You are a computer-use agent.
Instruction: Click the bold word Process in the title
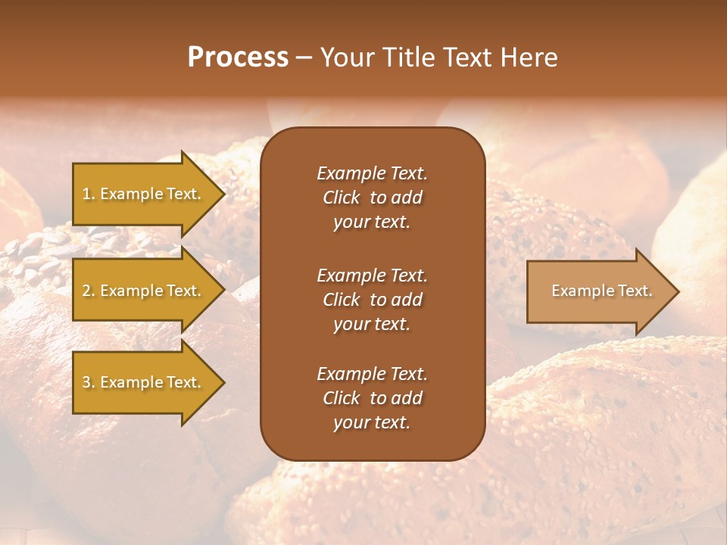pyautogui.click(x=238, y=58)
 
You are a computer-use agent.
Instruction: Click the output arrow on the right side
pyautogui.click(x=598, y=291)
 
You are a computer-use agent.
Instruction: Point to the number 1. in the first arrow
pyautogui.click(x=89, y=194)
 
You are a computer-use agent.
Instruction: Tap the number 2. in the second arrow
pyautogui.click(x=89, y=291)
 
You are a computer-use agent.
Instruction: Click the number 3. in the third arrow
pyautogui.click(x=89, y=382)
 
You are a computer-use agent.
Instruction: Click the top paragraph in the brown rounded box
pyautogui.click(x=372, y=198)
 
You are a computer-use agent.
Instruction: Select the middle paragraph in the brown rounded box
pyautogui.click(x=372, y=300)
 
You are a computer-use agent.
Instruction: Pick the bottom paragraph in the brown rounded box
pyautogui.click(x=372, y=398)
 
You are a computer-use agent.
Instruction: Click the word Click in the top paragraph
pyautogui.click(x=341, y=198)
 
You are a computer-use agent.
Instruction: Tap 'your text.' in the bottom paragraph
pyautogui.click(x=372, y=422)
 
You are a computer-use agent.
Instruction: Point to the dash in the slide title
pyautogui.click(x=304, y=58)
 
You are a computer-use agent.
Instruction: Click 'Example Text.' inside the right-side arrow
pyautogui.click(x=601, y=291)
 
